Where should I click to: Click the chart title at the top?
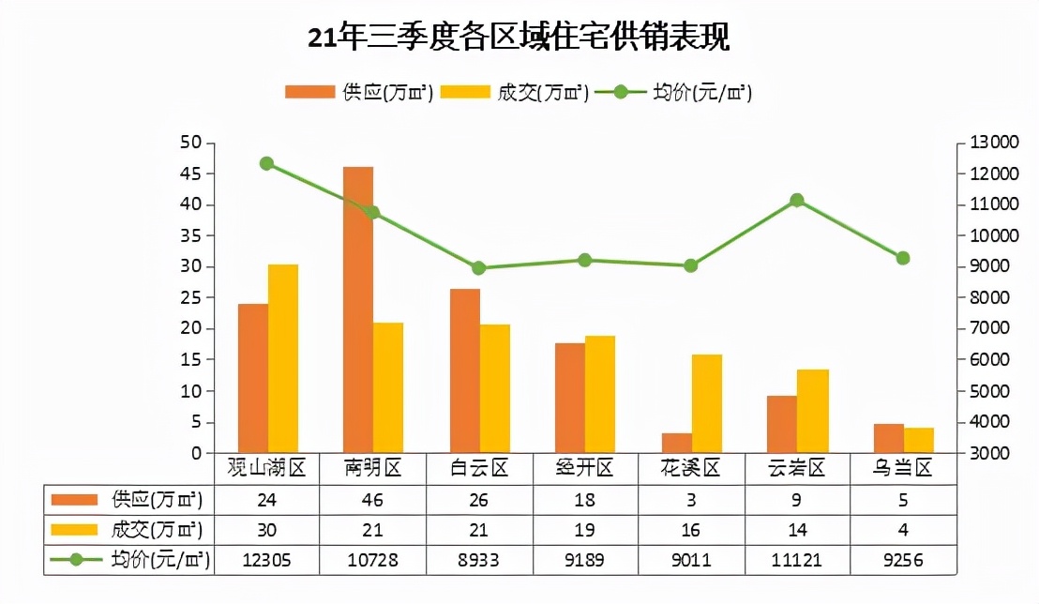[519, 38]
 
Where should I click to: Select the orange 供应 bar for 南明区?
[358, 310]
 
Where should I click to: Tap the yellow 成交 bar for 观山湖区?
[283, 358]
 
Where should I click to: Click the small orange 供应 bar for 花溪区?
[676, 443]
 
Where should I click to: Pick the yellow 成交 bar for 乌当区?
[919, 441]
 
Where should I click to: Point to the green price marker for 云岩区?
[797, 200]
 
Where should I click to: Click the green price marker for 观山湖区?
[266, 163]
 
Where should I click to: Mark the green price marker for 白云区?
[479, 267]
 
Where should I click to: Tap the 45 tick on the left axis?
[191, 174]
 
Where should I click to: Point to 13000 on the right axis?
[993, 143]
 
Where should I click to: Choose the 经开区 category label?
[585, 468]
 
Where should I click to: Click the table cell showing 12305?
[267, 560]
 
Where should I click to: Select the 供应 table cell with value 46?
[373, 498]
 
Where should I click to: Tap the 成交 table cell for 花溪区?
[691, 529]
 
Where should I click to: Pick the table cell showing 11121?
[797, 560]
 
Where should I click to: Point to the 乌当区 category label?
[903, 468]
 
